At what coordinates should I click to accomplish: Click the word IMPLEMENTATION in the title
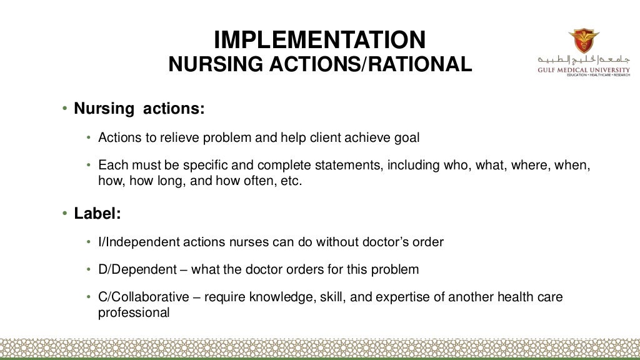(x=319, y=41)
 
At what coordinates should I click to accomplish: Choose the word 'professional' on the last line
(x=134, y=312)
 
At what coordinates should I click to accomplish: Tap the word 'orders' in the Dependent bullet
(x=306, y=270)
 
